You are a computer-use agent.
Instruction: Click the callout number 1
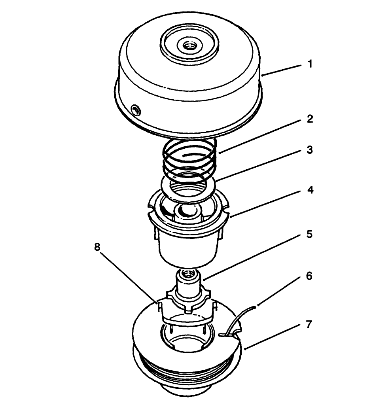pyautogui.click(x=310, y=64)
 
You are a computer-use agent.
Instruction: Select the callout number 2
pyautogui.click(x=310, y=119)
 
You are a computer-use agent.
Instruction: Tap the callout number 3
pyautogui.click(x=310, y=150)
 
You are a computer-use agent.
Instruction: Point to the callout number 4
pyautogui.click(x=310, y=190)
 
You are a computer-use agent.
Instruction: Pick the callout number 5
pyautogui.click(x=310, y=234)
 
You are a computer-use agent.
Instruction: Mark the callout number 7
pyautogui.click(x=310, y=325)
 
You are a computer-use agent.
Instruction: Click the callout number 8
pyautogui.click(x=97, y=247)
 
